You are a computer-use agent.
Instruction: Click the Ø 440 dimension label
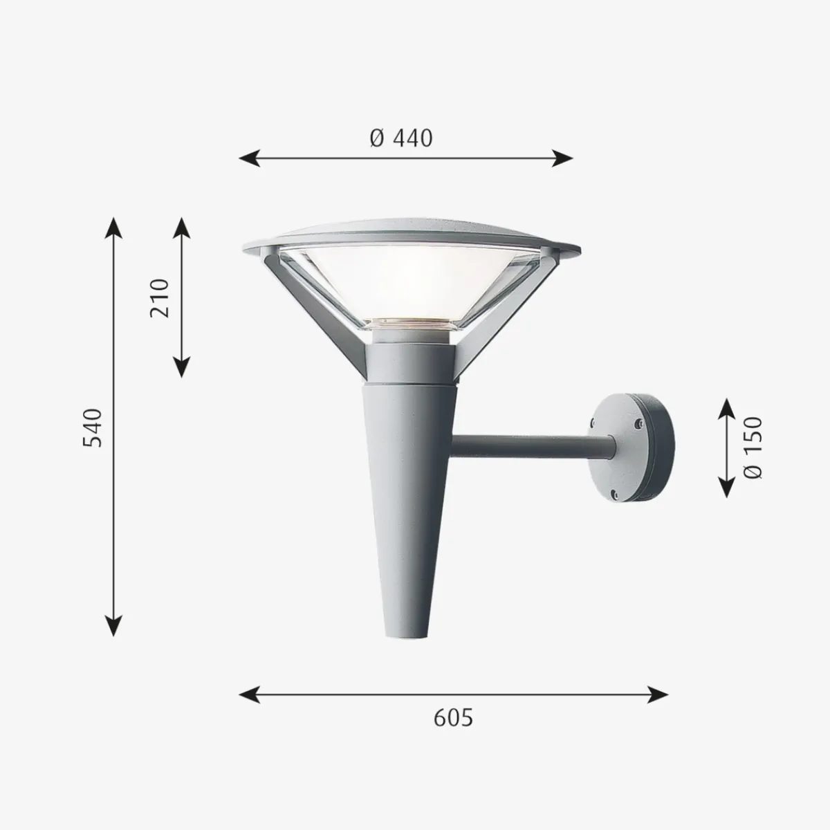pyautogui.click(x=401, y=139)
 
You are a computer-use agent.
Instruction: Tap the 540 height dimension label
pyautogui.click(x=93, y=427)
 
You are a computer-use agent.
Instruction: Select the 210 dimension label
pyautogui.click(x=159, y=297)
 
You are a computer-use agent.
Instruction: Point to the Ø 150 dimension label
pyautogui.click(x=753, y=448)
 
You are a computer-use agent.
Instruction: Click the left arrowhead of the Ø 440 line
pyautogui.click(x=250, y=158)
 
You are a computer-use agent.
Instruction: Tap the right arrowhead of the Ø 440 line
pyautogui.click(x=562, y=158)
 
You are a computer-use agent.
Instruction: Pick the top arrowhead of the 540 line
pyautogui.click(x=113, y=228)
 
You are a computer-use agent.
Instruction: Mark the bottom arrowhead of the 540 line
pyautogui.click(x=113, y=625)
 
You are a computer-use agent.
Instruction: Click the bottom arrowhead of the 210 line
pyautogui.click(x=181, y=367)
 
